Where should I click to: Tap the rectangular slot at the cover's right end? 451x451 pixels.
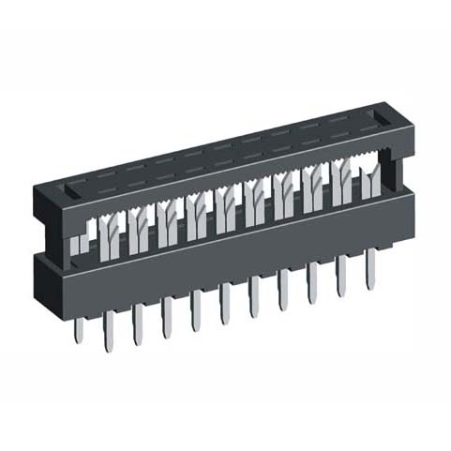378,119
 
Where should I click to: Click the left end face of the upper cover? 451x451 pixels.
47,220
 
